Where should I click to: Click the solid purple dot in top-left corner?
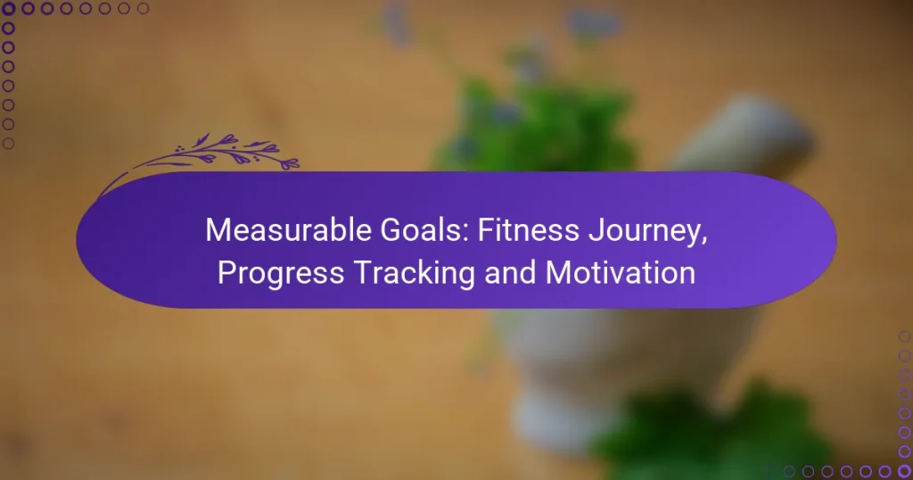tap(9, 9)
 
